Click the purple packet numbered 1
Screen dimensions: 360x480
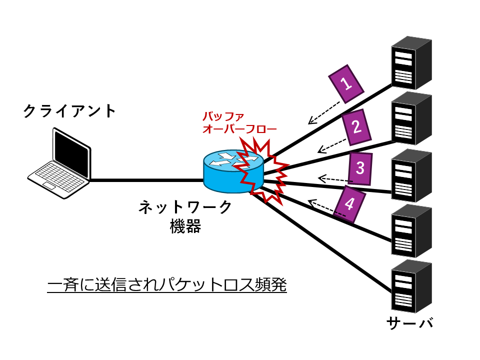click(x=346, y=83)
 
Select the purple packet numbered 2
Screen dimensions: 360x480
click(x=356, y=127)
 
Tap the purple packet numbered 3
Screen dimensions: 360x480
click(x=360, y=168)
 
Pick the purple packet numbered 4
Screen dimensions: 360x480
click(x=349, y=204)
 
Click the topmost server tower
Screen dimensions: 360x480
click(x=411, y=62)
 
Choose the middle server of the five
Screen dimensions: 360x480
click(x=411, y=173)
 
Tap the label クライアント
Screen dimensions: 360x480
click(x=69, y=111)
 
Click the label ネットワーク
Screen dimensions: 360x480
click(x=185, y=206)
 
